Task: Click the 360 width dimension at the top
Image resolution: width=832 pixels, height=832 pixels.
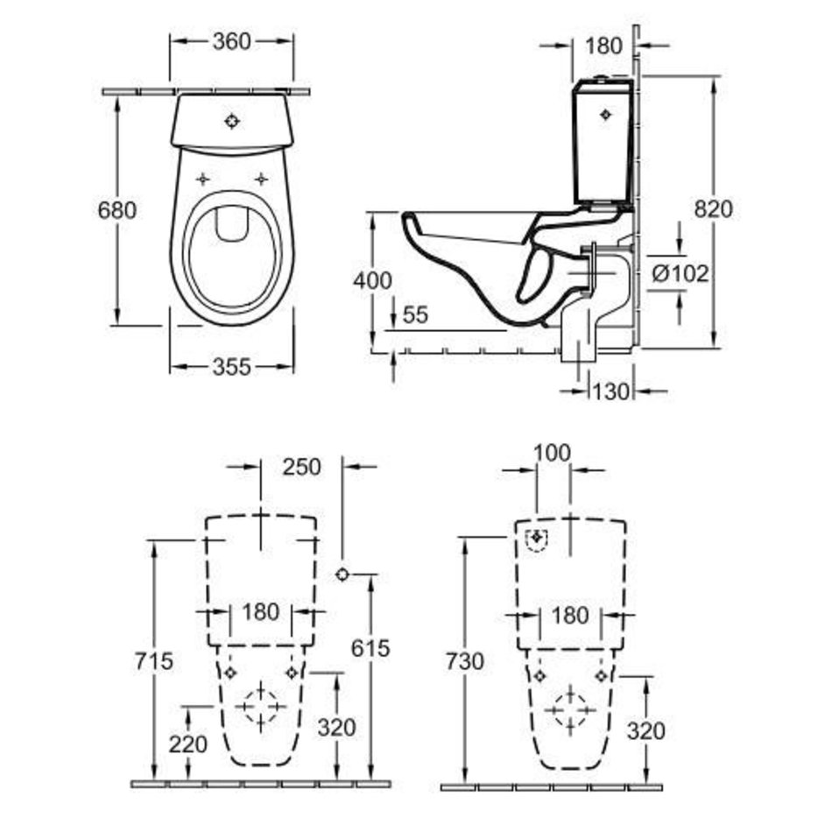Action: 231,41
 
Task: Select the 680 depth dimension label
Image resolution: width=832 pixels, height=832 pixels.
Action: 116,210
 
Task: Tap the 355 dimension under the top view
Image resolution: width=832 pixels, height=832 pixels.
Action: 231,367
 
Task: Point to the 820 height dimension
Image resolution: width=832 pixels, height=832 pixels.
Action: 713,209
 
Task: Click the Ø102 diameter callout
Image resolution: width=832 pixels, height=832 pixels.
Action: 680,274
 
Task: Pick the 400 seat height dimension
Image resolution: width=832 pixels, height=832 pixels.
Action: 372,281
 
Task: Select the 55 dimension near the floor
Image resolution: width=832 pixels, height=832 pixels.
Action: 415,315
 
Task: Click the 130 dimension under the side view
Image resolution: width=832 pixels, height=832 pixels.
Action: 610,392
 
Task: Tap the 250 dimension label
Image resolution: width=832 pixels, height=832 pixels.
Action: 301,467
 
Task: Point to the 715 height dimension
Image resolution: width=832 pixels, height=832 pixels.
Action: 154,661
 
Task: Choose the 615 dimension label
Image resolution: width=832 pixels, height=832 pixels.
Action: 370,648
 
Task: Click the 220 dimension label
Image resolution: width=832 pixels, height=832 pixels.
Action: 187,744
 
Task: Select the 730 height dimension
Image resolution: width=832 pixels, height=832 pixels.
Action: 465,662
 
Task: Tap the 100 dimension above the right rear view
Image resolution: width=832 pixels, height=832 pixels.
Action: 552,453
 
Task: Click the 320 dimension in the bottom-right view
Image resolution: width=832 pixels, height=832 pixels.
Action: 645,731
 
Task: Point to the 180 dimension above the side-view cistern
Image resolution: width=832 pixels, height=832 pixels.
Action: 603,46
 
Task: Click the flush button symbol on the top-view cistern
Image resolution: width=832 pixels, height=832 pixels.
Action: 232,122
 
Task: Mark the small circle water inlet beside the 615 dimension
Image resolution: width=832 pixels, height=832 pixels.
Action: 342,575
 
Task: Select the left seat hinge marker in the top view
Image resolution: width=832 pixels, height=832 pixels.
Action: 202,180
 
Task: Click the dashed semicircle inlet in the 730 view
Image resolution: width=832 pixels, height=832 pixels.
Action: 537,540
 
